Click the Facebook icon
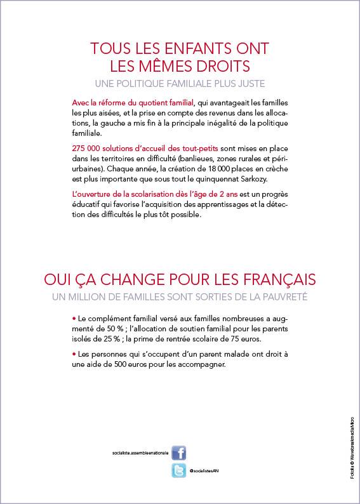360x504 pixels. point(179,453)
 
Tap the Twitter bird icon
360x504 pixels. point(179,470)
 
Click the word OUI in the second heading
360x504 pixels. point(60,280)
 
